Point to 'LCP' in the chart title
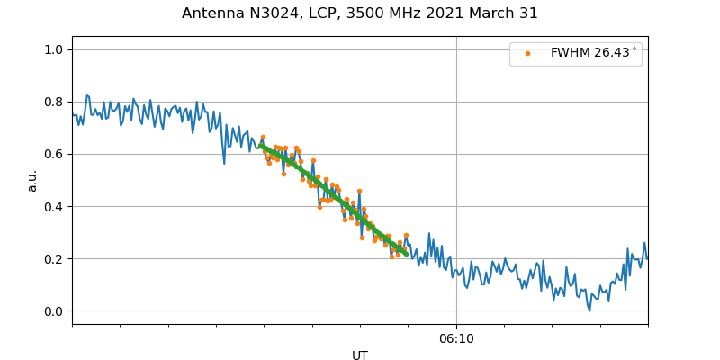pos(323,13)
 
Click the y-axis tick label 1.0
pos(54,49)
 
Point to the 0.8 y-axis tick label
pos(54,102)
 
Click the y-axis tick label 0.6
pos(54,154)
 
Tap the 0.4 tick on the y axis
pos(54,206)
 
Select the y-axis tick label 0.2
pos(54,259)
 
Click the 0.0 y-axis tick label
pos(54,311)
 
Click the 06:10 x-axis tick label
pos(456,338)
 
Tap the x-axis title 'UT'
pos(360,355)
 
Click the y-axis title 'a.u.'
pos(32,180)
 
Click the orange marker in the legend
pos(527,54)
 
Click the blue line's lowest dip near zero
pos(589,310)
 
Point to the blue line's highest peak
pos(86,95)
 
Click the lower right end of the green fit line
pos(407,255)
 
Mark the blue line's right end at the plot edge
pos(647,258)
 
